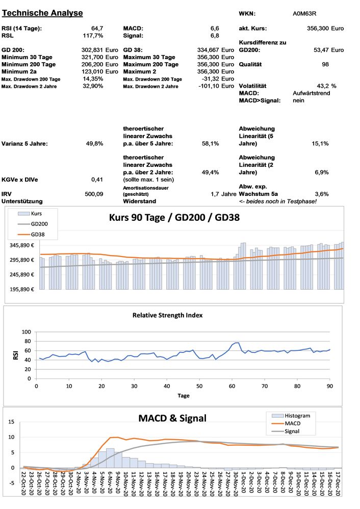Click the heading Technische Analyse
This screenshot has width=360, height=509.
point(42,13)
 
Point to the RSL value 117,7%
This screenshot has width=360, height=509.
point(93,36)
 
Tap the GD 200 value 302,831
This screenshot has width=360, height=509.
point(92,50)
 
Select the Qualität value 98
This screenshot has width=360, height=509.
point(325,64)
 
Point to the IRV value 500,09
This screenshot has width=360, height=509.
point(94,194)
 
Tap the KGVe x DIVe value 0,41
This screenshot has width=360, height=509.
point(97,180)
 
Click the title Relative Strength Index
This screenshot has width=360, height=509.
point(167,315)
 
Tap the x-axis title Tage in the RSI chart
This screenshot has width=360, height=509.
point(184,395)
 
